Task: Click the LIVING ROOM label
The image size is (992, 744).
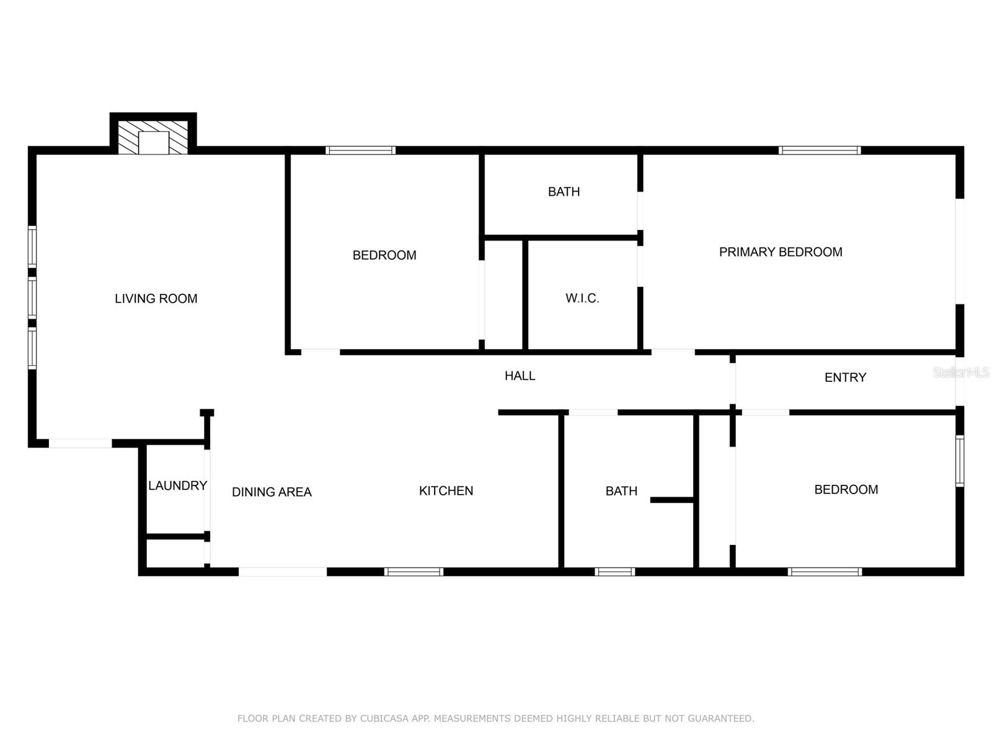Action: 156,299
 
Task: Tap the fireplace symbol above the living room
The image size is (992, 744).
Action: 153,137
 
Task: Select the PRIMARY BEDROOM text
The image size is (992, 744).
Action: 781,252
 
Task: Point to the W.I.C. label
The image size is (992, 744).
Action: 582,298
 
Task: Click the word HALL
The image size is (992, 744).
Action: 520,376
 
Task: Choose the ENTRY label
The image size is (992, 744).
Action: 845,378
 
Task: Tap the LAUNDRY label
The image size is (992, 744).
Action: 177,485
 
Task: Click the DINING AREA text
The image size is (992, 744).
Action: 272,492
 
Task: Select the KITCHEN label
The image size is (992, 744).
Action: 446,491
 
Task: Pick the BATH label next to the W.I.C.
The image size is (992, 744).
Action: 564,192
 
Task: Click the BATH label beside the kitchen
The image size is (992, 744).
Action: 621,491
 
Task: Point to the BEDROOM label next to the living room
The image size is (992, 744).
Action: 384,255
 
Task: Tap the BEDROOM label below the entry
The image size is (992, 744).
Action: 846,490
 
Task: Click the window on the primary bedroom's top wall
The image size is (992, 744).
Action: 820,151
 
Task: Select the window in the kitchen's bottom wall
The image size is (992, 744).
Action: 414,572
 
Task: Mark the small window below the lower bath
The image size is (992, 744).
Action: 614,572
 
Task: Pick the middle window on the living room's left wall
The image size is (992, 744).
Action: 32,298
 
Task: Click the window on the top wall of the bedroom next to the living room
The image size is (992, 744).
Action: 361,151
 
